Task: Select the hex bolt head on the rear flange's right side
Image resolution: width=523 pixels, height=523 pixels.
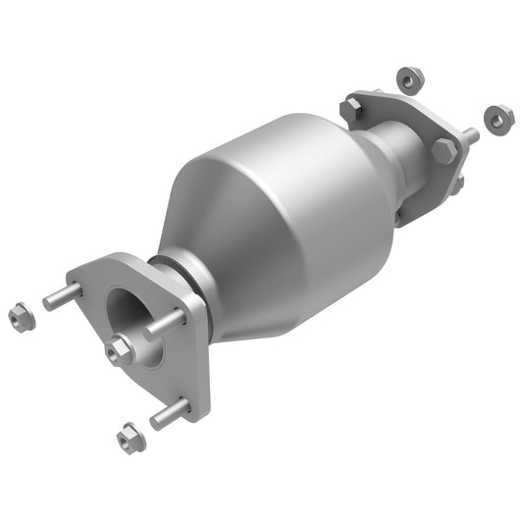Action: coord(445,150)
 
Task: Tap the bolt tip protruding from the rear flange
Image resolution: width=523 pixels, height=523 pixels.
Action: coord(471,136)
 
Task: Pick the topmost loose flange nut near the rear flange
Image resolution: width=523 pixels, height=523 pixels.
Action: coord(410,76)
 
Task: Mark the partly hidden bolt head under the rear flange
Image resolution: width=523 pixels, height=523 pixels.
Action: coord(456,183)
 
